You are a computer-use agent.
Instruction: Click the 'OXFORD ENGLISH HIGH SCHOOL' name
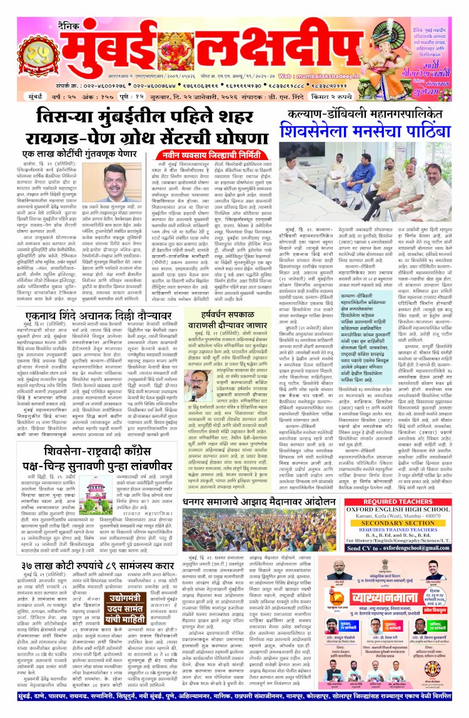398,512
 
